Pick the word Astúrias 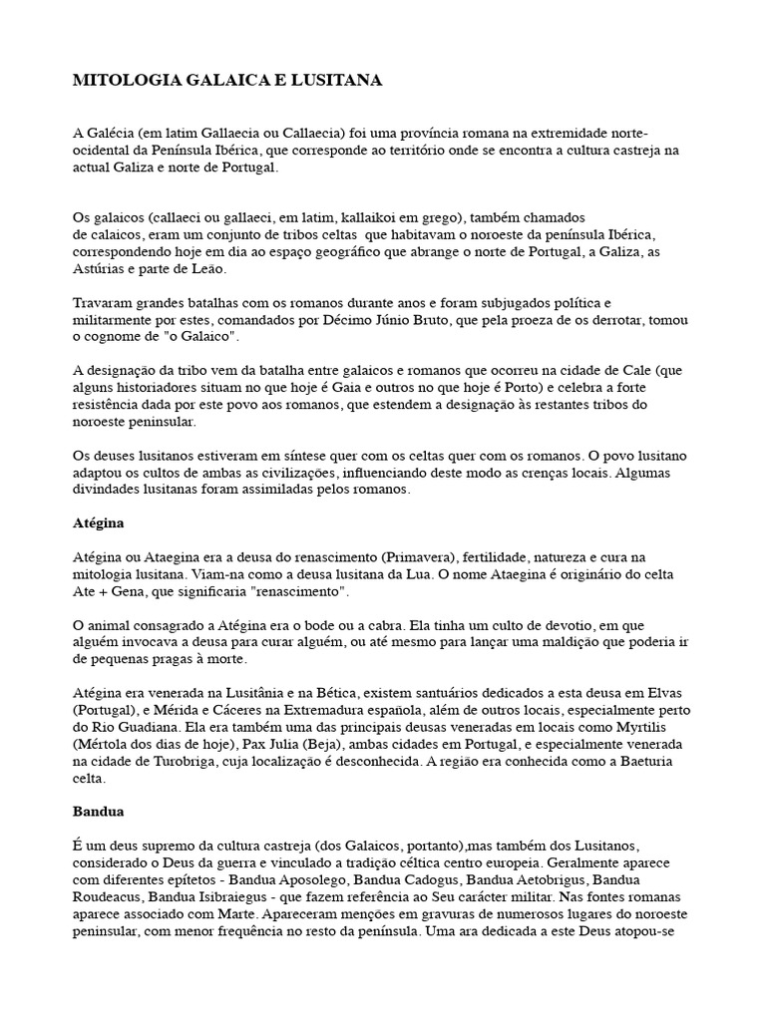pos(100,269)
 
